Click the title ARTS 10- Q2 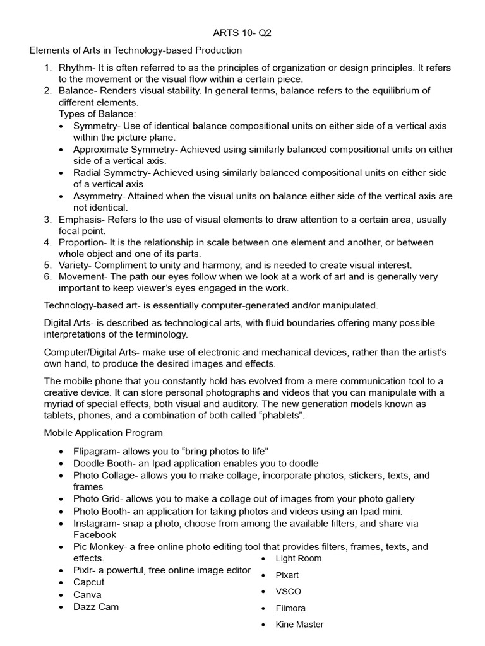(x=242, y=33)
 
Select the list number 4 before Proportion (x=47, y=242)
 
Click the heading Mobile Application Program (x=103, y=433)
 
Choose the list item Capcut (x=89, y=582)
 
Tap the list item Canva (x=87, y=594)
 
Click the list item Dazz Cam (x=96, y=607)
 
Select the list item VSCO (x=288, y=592)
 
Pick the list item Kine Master (x=299, y=625)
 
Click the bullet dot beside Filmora (x=262, y=609)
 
